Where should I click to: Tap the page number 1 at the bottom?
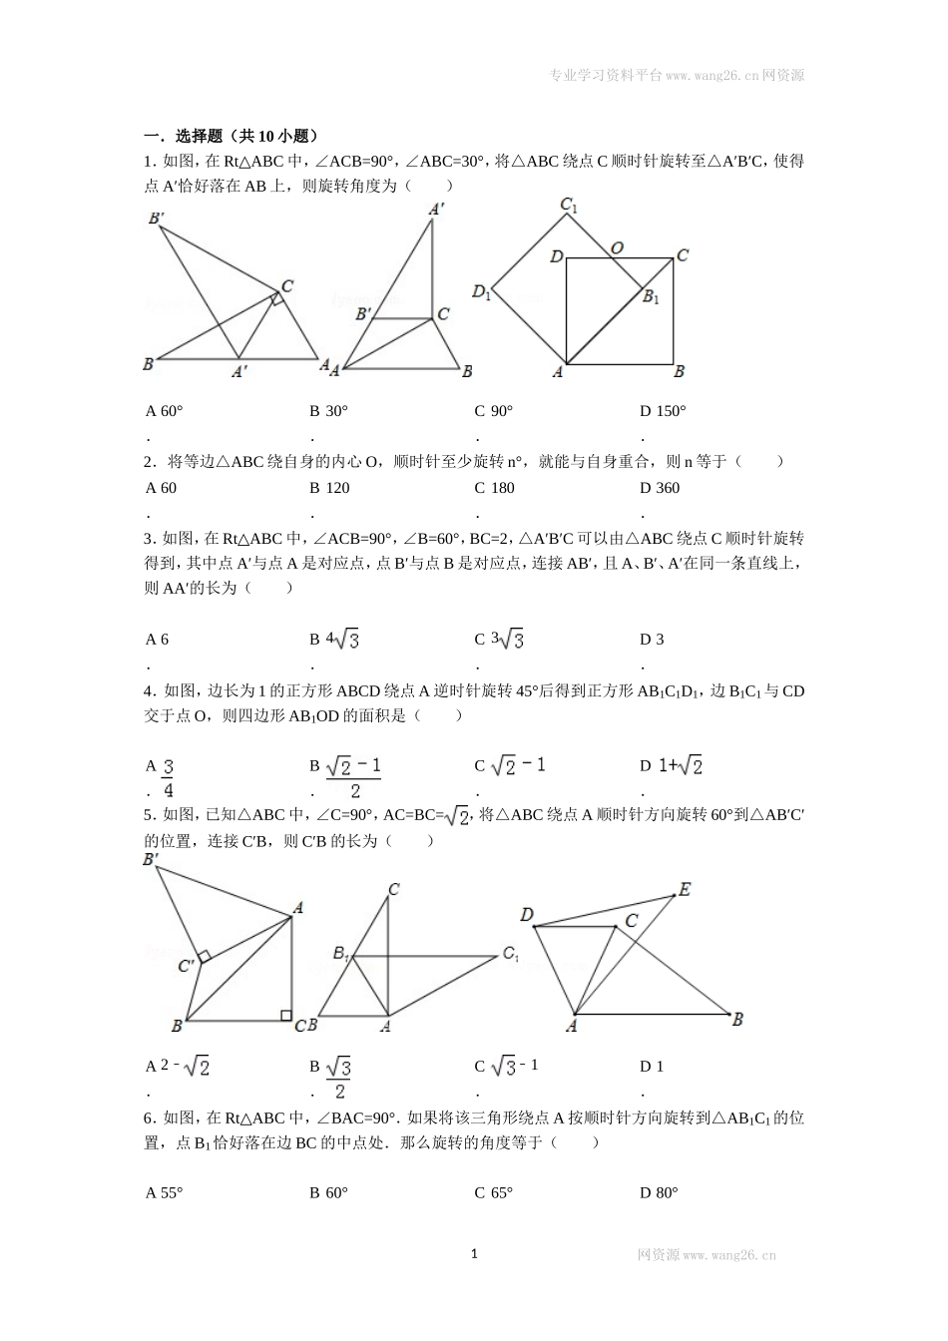[x=474, y=1253]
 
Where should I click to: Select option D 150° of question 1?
[x=663, y=411]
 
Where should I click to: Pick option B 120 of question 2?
[x=329, y=488]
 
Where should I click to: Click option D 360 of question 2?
[x=660, y=488]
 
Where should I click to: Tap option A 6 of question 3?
[x=158, y=640]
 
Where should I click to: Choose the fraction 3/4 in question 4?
[x=168, y=777]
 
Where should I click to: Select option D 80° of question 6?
[x=659, y=1192]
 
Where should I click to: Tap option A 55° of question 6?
[x=165, y=1192]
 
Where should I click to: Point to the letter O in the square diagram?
[x=618, y=247]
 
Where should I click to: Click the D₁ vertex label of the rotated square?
[x=481, y=292]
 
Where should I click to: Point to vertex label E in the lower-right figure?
[x=685, y=889]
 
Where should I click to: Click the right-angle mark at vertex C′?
[x=204, y=957]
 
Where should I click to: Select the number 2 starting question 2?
[x=148, y=462]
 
